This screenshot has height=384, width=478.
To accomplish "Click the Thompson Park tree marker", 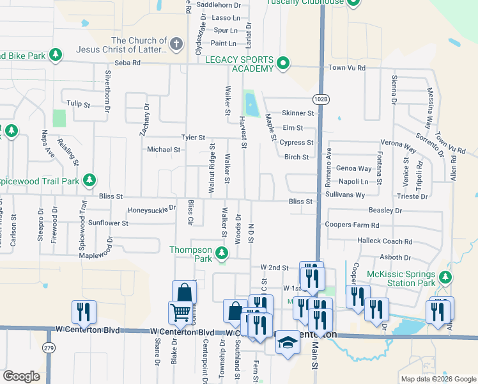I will [x=222, y=253].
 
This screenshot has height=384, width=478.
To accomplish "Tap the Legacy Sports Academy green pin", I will [x=283, y=63].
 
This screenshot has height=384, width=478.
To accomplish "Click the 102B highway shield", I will [x=321, y=99].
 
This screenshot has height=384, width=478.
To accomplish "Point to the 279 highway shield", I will [x=48, y=348].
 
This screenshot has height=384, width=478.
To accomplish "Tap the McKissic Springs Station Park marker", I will [x=445, y=278].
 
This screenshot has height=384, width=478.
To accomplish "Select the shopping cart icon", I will [x=180, y=312].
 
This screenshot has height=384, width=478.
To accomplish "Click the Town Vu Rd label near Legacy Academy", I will [x=346, y=68].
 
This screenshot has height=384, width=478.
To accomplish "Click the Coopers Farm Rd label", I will [x=352, y=225].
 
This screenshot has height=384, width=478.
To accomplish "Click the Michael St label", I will [x=164, y=149].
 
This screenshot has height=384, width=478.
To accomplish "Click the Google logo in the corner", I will [x=21, y=376].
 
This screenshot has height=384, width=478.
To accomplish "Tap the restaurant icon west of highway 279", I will [x=84, y=312].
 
